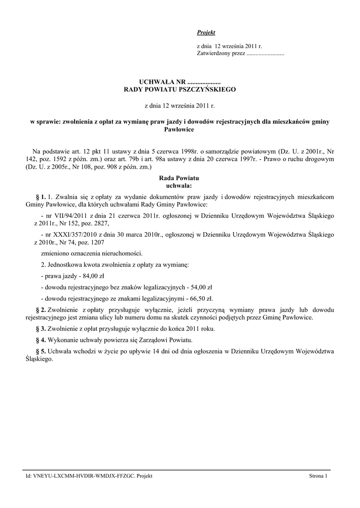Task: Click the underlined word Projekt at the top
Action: [x=206, y=32]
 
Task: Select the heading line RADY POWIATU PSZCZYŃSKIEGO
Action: [x=180, y=90]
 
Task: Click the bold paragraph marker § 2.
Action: [x=41, y=310]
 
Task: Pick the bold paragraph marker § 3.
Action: [x=41, y=329]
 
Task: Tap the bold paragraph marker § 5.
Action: [x=41, y=351]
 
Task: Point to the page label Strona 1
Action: [x=318, y=476]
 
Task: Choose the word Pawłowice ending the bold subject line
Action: [x=179, y=129]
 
